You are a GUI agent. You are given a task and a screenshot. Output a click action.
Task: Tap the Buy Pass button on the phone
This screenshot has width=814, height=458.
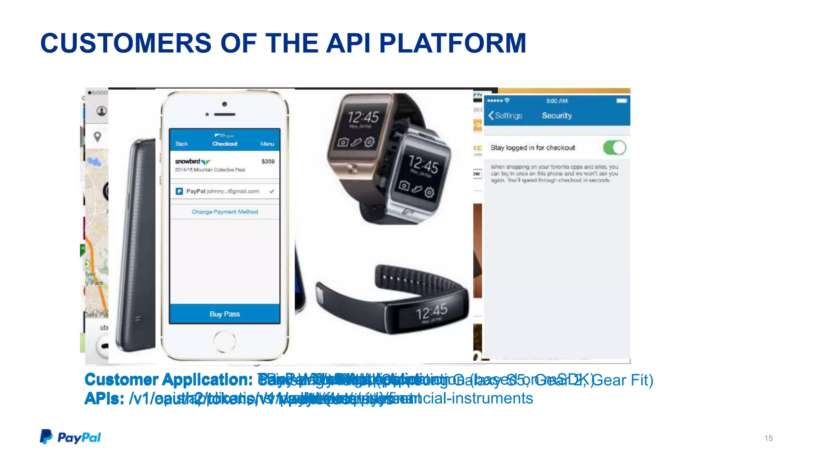(x=225, y=314)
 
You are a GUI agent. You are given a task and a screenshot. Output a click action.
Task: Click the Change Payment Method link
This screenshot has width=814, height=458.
(x=225, y=212)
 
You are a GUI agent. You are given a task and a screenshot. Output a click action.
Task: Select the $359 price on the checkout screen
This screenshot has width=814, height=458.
(x=268, y=161)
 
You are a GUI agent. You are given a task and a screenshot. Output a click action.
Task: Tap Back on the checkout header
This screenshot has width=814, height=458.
(x=182, y=144)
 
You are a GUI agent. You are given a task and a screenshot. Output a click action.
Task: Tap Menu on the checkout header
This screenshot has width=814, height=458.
(x=267, y=144)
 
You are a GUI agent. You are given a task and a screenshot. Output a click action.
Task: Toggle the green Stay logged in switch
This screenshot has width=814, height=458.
(x=614, y=148)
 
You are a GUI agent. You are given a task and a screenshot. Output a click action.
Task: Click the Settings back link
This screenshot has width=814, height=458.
(x=505, y=116)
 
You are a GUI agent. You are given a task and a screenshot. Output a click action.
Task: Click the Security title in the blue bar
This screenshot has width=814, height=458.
(x=556, y=116)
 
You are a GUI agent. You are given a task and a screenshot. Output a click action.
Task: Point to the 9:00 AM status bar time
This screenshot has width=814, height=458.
(x=557, y=101)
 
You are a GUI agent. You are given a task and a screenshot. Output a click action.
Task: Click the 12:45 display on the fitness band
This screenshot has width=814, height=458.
(x=432, y=312)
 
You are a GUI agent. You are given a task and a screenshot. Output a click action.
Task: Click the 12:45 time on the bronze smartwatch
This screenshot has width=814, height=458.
(x=363, y=117)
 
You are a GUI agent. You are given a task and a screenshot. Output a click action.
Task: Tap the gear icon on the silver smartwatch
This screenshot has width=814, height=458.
(x=429, y=193)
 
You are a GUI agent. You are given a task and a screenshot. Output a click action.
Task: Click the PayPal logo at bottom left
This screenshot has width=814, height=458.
(x=70, y=437)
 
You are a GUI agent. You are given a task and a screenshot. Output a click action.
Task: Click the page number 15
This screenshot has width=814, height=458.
(x=768, y=438)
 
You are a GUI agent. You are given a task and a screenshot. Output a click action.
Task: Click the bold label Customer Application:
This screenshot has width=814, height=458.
(x=169, y=380)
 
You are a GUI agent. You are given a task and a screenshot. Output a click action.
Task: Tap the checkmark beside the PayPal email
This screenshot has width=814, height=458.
(x=272, y=191)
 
